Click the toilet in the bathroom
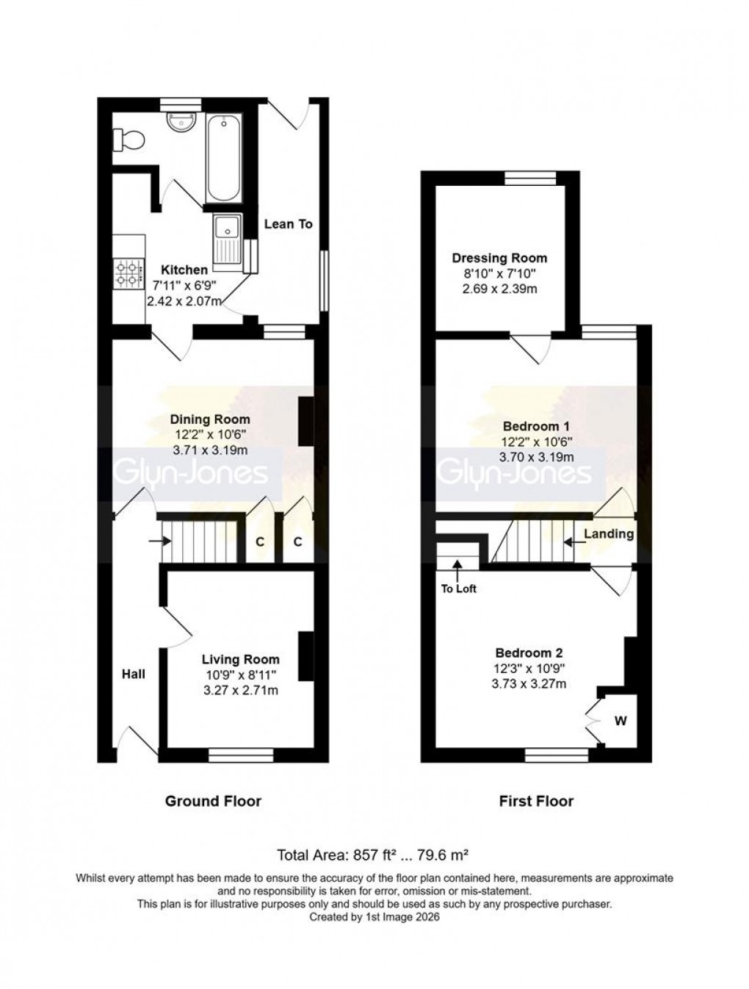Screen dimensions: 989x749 tap(128, 139)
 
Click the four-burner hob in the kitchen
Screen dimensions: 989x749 tap(128, 273)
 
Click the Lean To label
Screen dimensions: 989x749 tap(288, 223)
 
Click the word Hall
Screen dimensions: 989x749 tap(134, 674)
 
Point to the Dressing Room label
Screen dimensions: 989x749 tap(499, 258)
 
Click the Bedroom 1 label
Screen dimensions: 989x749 tap(536, 426)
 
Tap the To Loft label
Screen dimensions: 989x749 tap(458, 588)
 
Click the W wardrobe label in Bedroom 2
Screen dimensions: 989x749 tap(620, 721)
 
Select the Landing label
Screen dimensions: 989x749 tap(609, 533)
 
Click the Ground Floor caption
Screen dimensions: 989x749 tap(213, 801)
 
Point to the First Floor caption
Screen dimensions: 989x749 tap(536, 801)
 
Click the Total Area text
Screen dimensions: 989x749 tap(372, 855)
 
